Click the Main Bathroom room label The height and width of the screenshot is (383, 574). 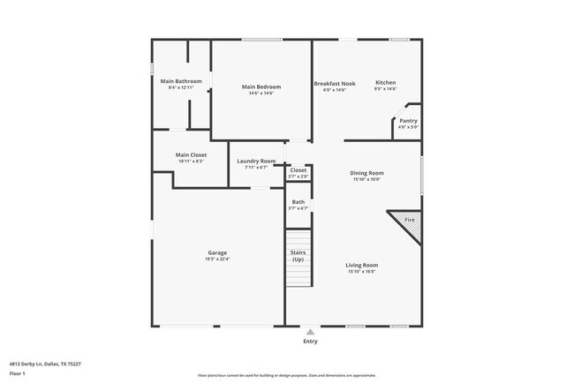181,81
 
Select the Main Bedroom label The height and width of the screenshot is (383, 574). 261,86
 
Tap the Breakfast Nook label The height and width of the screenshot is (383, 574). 335,83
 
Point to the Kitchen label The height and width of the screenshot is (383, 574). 386,83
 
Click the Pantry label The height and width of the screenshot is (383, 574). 408,121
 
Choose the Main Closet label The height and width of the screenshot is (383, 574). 192,155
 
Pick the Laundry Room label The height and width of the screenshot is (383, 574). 256,161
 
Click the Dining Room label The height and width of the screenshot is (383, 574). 366,173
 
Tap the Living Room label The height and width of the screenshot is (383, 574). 361,265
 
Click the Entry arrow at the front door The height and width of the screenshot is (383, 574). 310,332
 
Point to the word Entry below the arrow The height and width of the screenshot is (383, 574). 310,342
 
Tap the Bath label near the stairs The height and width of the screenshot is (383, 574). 298,202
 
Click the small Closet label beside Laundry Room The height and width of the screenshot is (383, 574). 298,170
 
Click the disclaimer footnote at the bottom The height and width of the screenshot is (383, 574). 286,374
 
